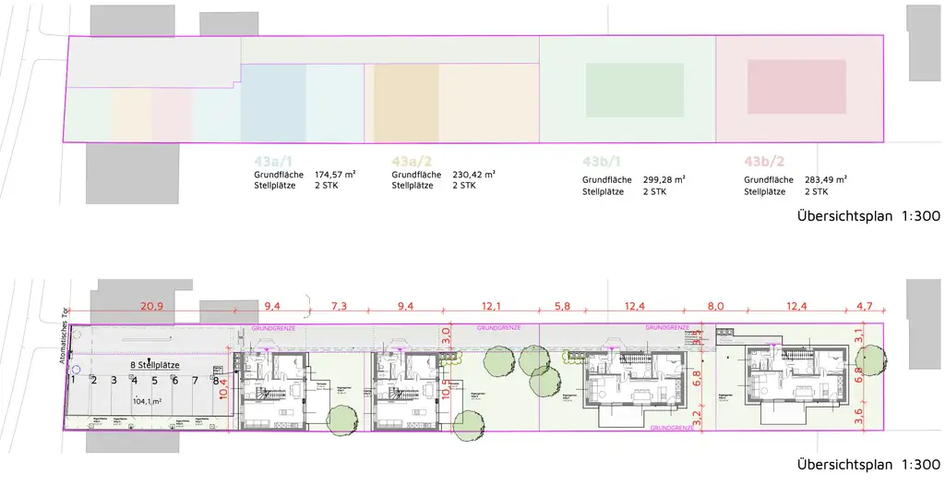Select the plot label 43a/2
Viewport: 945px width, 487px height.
click(413, 160)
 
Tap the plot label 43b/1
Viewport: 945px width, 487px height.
click(604, 160)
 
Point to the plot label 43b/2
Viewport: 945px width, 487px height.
click(766, 160)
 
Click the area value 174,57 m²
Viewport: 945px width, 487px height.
click(336, 174)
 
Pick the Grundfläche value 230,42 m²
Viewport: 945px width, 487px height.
click(473, 174)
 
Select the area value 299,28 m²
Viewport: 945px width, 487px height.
click(664, 179)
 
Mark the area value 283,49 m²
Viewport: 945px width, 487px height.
click(826, 179)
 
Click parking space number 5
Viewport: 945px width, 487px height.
click(154, 380)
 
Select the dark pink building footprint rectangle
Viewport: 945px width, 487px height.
click(796, 87)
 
